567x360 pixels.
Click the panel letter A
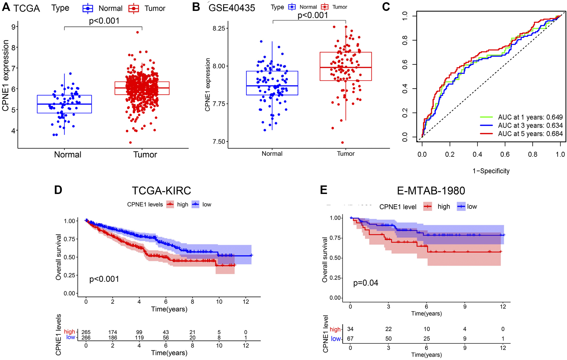[x=6, y=7]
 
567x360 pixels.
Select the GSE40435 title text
[x=232, y=8]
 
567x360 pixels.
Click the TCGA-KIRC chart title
[x=161, y=191]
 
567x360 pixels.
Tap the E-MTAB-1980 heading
[x=431, y=191]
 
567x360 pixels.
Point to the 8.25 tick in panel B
[x=219, y=28]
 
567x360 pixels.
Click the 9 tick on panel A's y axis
[x=13, y=27]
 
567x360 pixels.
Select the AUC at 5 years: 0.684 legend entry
[x=530, y=134]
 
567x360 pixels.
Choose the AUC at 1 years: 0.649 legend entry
[x=530, y=117]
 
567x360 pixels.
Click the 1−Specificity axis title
[x=491, y=171]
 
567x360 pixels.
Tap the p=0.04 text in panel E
[x=365, y=283]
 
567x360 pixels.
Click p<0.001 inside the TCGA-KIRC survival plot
[x=104, y=279]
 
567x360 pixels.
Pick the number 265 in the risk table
[x=86, y=332]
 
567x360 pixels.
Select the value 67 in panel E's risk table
[x=350, y=339]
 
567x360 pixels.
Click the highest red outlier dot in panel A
[x=138, y=32]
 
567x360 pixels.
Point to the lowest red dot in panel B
[x=342, y=142]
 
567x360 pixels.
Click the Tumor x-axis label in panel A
[x=145, y=155]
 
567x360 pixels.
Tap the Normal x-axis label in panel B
[x=272, y=154]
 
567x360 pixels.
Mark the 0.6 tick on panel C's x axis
[x=505, y=155]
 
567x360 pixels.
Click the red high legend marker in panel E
[x=427, y=207]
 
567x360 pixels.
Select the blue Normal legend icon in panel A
[x=88, y=9]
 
